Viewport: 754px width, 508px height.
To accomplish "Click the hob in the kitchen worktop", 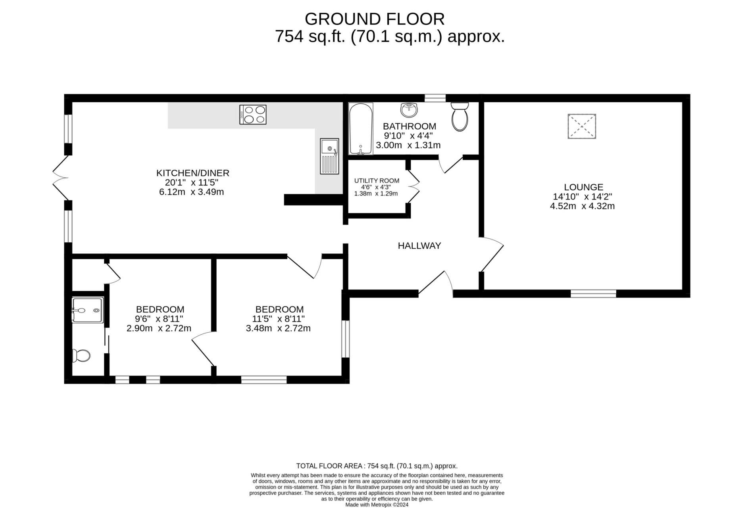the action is tap(253, 115).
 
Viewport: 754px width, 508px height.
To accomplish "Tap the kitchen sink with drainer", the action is tap(330, 156).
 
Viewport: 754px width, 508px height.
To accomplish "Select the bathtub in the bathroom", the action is tap(361, 128).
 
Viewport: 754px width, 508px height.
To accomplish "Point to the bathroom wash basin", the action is tap(409, 110).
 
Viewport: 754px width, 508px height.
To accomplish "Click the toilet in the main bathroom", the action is tap(460, 117).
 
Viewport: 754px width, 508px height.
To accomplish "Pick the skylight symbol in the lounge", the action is tap(582, 127).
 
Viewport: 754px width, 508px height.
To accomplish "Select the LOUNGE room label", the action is tap(583, 187).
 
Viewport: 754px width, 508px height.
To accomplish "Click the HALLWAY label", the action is tap(419, 246).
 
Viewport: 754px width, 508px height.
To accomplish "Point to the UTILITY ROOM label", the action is tap(377, 181).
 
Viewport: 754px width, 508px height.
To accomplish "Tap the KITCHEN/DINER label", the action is tap(193, 173).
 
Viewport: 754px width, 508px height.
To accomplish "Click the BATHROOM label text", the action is tap(409, 127).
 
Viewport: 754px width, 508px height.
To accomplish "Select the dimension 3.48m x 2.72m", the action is tap(278, 328).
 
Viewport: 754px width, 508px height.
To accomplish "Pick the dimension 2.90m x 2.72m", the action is tap(159, 328).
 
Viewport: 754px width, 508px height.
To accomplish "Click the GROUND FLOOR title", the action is tap(375, 19).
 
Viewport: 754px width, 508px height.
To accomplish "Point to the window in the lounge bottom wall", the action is tap(593, 293).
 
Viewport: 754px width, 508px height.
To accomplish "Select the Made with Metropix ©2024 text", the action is tap(377, 505).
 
